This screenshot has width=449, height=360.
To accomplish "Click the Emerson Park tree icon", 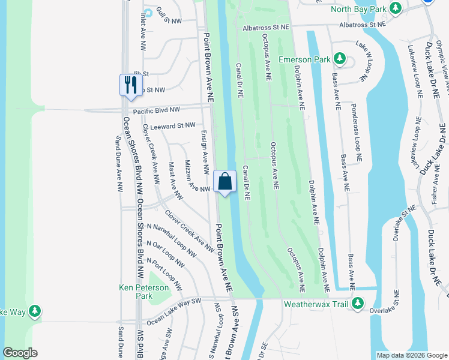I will (340, 59).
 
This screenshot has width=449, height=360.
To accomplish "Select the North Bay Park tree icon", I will (395, 8).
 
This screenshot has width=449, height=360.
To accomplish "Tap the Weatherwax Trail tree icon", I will (358, 303).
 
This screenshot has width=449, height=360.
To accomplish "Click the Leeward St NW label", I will (173, 125).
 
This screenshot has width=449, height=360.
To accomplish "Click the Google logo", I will (20, 353).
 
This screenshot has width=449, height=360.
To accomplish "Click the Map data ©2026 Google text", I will (411, 355).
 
